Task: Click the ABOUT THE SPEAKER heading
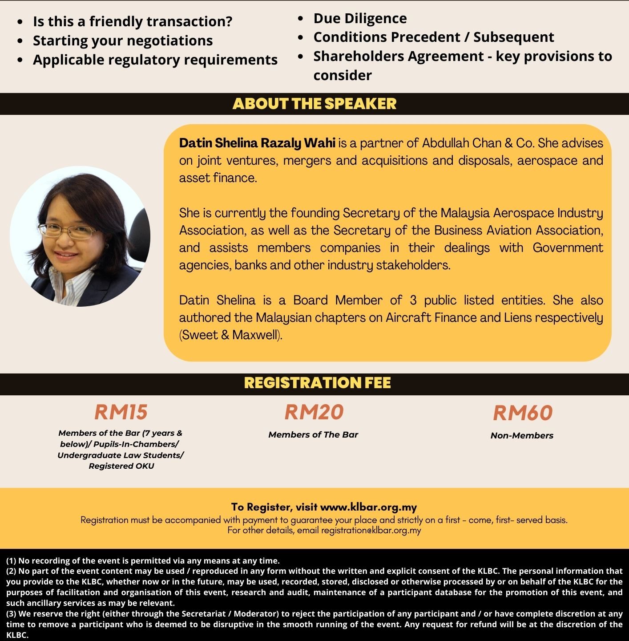(314, 104)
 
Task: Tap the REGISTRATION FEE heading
(317, 383)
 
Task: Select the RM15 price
(121, 412)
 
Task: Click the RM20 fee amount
(314, 412)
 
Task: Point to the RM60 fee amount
(522, 413)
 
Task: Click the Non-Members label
(522, 436)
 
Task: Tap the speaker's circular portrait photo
(80, 236)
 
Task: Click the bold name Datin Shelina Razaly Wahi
(257, 143)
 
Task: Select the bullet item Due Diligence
(360, 18)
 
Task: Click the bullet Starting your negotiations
(123, 41)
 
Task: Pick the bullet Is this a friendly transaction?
(133, 21)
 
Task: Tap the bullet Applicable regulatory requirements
(155, 60)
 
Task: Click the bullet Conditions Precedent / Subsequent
(434, 37)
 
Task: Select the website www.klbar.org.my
(368, 507)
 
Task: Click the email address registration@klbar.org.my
(371, 530)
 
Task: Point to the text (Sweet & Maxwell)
(231, 335)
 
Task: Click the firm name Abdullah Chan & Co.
(478, 143)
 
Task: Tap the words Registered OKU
(121, 466)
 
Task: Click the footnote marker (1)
(11, 561)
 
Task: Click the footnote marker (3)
(11, 614)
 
